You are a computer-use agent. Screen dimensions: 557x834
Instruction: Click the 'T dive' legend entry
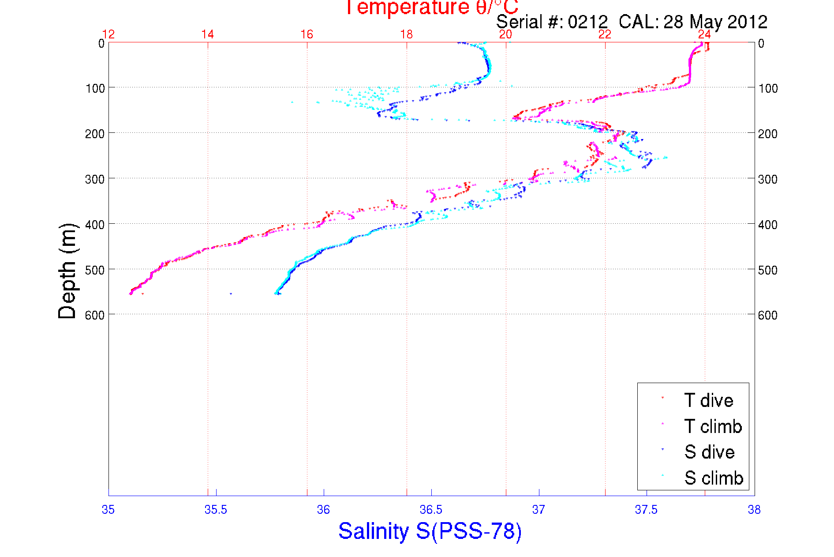tap(708, 400)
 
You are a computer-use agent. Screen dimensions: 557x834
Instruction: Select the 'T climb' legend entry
tap(713, 426)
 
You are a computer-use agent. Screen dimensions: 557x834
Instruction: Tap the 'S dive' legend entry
tap(709, 452)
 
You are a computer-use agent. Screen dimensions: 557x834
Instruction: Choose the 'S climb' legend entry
tap(714, 478)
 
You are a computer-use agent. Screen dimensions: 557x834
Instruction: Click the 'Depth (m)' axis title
tap(67, 271)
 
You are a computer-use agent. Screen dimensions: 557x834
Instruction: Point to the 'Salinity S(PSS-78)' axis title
tap(430, 531)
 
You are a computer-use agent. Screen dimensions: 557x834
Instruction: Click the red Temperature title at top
tap(431, 8)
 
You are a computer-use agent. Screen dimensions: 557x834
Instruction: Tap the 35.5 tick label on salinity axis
tap(216, 510)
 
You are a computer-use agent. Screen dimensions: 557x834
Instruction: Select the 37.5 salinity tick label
tap(646, 510)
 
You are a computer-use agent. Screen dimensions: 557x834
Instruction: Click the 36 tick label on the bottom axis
tap(323, 510)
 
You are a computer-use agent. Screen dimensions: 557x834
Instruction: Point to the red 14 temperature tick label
tap(208, 34)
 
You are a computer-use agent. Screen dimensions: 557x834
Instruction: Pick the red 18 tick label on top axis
tap(406, 34)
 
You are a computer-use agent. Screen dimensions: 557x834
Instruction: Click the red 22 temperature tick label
tap(605, 34)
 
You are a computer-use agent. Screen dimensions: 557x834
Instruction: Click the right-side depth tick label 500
tap(768, 270)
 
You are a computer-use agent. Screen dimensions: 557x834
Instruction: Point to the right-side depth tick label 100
tap(768, 88)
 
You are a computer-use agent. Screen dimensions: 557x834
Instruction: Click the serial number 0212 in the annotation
tap(587, 22)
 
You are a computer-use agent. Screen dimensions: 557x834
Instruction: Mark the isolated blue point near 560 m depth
tap(231, 294)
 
